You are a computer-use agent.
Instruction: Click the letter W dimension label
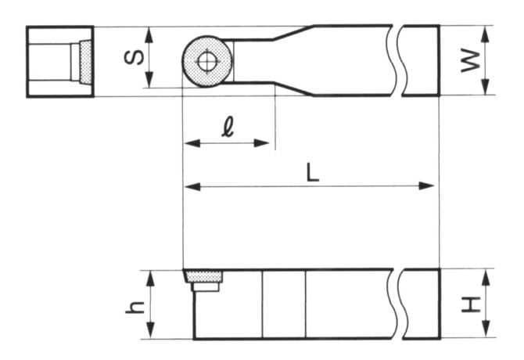pos(468,60)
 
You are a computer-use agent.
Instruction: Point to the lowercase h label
pos(134,306)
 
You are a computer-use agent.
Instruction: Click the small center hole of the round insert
pos(206,61)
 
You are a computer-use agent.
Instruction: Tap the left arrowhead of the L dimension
pos(188,186)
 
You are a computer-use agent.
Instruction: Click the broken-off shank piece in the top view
pos(421,60)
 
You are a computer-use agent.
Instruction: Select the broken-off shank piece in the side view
pos(421,304)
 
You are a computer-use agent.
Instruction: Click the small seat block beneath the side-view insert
pos(206,287)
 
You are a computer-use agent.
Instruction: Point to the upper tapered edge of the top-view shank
pos(294,32)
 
